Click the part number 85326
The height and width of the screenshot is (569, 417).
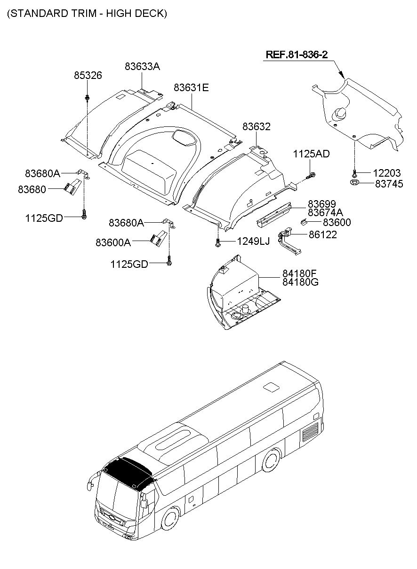[x=88, y=76]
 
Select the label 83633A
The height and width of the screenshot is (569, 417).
[x=142, y=67]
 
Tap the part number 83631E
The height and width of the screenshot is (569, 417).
[x=191, y=87]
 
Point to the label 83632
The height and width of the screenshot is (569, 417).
[x=257, y=127]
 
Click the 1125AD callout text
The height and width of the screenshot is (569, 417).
[x=312, y=154]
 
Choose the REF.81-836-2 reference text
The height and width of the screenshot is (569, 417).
[x=297, y=55]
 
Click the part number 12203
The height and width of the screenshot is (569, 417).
[x=387, y=173]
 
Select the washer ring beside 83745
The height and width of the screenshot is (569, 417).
[x=355, y=182]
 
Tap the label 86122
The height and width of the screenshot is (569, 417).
[x=323, y=234]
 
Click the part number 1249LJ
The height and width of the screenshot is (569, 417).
[x=253, y=242]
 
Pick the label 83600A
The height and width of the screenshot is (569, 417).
[x=113, y=242]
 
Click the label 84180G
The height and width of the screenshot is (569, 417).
[x=300, y=282]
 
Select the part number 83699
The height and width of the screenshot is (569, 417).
[x=322, y=204]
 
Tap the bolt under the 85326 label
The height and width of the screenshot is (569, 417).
[x=88, y=97]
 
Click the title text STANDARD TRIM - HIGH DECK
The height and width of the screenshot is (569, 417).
[x=87, y=14]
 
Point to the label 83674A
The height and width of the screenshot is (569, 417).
[x=325, y=212]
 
